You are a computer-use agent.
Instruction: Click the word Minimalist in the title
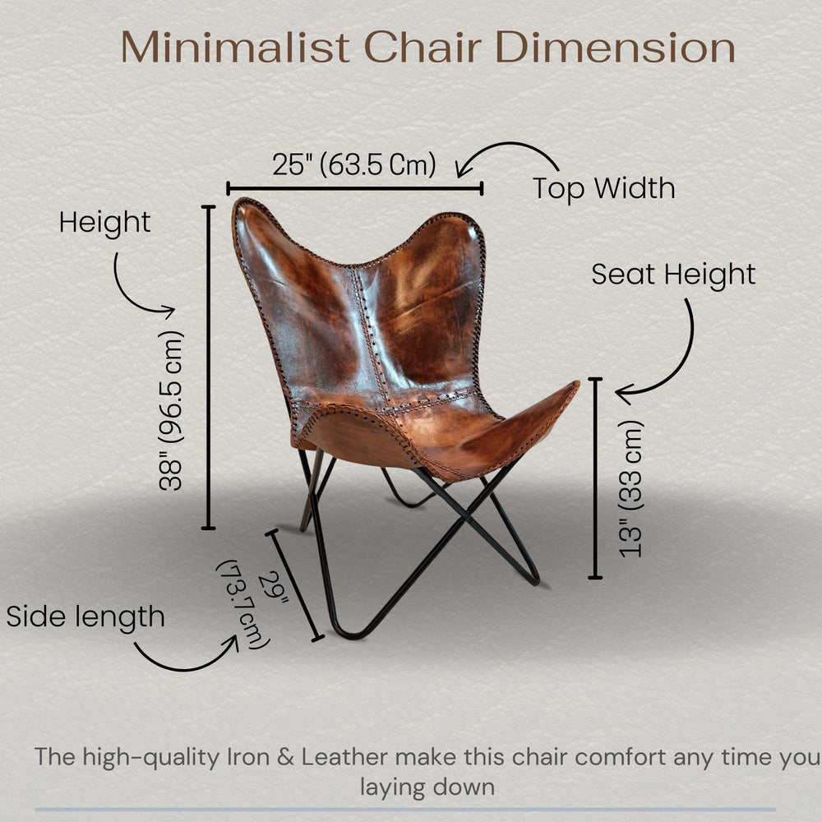[237, 48]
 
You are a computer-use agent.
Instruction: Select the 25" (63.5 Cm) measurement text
[354, 164]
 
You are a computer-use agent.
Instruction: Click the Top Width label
[603, 188]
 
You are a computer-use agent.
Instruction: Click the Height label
[104, 223]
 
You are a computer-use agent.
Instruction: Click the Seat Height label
[673, 275]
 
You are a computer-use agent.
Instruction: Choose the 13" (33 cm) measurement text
[631, 488]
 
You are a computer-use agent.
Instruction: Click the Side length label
[85, 616]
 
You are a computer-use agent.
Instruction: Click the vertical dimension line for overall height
[209, 367]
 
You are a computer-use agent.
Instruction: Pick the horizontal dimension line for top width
[354, 189]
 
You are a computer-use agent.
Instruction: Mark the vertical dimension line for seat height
[596, 478]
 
